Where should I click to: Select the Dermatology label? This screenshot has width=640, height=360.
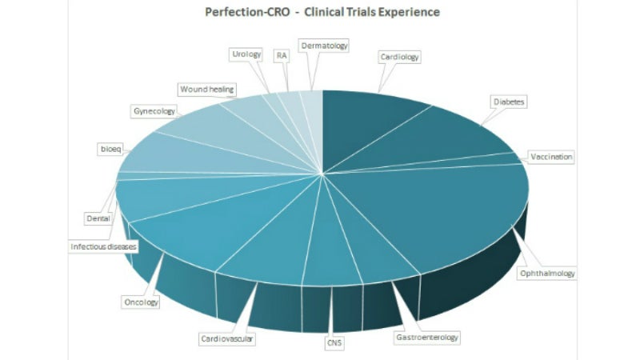coord(324,46)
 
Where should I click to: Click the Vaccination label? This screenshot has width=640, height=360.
coord(551,157)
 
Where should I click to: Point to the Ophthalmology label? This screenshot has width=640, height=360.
coord(547,274)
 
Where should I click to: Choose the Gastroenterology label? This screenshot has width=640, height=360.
coord(428,338)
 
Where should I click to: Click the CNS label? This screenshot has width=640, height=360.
coord(334,343)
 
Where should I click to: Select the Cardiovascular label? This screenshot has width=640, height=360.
coord(228,339)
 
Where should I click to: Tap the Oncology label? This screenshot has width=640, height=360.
coord(141,302)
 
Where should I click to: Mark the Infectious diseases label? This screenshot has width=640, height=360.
coord(103,247)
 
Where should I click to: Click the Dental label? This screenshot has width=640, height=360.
coord(98,217)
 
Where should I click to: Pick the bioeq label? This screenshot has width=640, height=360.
coord(109,150)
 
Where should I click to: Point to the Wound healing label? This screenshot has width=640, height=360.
coord(206,89)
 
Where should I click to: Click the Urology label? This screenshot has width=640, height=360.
coord(245,54)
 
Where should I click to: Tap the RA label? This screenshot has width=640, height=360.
coord(281,56)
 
